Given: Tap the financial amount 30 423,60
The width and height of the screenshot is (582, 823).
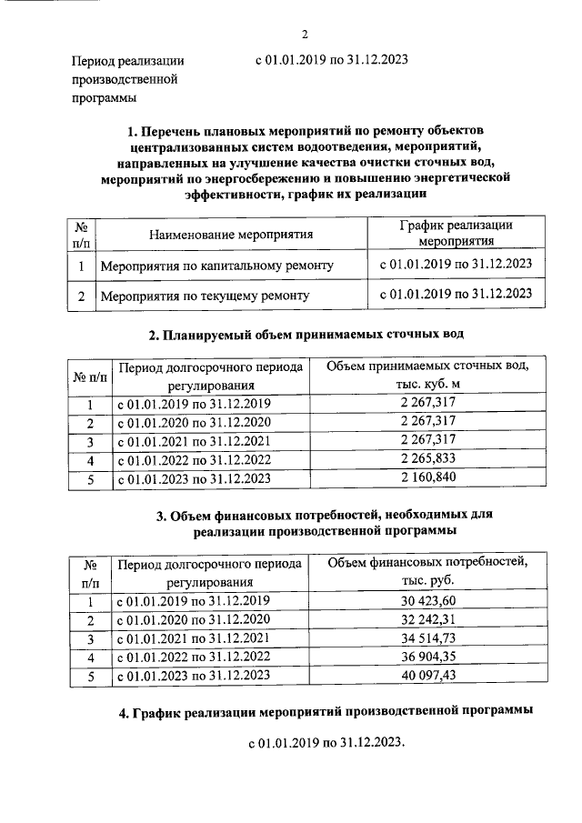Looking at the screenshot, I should pos(426,601).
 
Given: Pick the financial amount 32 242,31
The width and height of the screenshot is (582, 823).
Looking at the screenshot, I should pos(426,620).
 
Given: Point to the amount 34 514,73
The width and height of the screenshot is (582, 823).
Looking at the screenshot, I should pos(426,638).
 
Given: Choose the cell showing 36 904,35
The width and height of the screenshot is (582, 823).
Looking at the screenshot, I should pos(426,657).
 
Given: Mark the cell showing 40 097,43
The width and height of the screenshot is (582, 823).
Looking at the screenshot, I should pos(426,676).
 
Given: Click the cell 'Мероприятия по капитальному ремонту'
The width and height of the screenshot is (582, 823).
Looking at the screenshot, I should pos(216,266).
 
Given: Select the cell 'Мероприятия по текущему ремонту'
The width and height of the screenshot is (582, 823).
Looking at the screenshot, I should pos(205,296).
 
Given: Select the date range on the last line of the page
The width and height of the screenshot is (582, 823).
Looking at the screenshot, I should pos(325,743).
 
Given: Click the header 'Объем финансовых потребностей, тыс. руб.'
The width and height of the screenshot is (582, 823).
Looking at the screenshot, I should pos(426,571).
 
